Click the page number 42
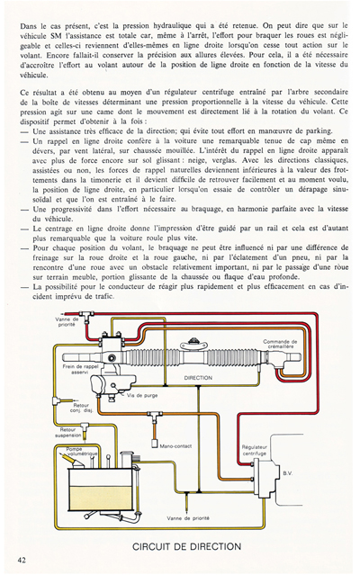[21, 559]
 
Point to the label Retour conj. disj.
[80, 408]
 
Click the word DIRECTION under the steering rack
[197, 379]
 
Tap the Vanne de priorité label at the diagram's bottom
[187, 517]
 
